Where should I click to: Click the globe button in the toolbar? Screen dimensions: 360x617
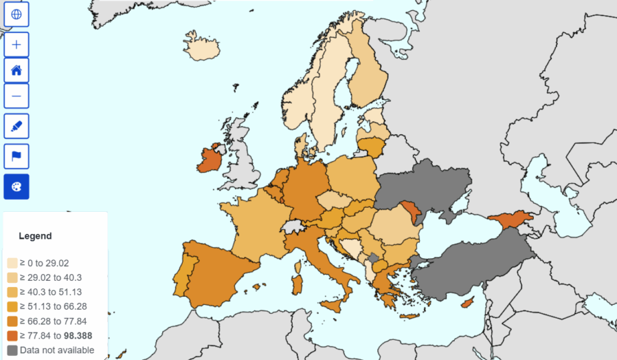pos(17,14)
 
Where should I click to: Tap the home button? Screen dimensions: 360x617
pos(17,70)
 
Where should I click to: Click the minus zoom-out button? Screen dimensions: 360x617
pos(17,96)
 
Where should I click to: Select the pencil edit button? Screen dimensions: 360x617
pos(17,126)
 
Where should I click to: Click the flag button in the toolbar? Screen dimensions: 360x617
pos(17,157)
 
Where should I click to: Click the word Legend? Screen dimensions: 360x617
pos(35,236)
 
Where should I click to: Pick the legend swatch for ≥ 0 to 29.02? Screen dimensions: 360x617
pos(13,263)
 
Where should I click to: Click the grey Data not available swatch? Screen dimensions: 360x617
pos(13,350)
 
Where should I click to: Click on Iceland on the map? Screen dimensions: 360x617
pos(202,48)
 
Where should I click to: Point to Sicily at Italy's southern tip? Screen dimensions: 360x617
pos(334,306)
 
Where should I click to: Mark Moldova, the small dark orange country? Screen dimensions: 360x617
pos(409,213)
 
